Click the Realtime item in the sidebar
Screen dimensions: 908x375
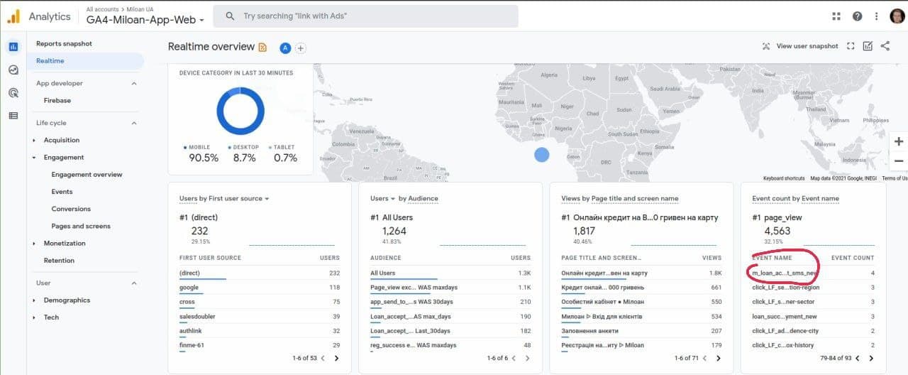click(x=50, y=61)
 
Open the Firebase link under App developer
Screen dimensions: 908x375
click(x=57, y=100)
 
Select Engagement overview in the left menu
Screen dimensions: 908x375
click(x=87, y=175)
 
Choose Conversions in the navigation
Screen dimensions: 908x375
click(x=71, y=209)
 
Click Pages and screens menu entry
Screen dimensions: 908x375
click(x=81, y=226)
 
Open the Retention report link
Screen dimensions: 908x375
click(x=59, y=261)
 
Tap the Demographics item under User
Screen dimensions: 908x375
click(x=67, y=300)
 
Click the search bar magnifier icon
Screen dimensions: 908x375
click(x=230, y=16)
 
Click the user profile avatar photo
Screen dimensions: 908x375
click(x=897, y=16)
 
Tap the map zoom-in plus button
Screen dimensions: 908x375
click(x=899, y=141)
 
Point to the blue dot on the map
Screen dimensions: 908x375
click(x=541, y=155)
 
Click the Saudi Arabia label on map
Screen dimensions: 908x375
click(x=665, y=89)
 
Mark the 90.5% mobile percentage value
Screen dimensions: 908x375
click(x=204, y=158)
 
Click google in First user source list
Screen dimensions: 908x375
click(x=189, y=288)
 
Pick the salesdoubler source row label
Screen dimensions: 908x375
click(x=197, y=317)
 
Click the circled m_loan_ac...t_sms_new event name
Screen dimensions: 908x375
click(x=785, y=273)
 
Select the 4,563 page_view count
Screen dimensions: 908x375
click(x=777, y=231)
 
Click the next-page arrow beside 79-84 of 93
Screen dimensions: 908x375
click(x=871, y=358)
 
